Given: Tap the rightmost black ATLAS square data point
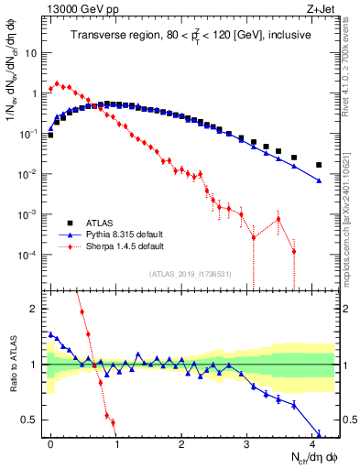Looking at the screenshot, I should click(x=319, y=165).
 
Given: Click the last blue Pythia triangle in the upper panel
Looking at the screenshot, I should click(x=319, y=181).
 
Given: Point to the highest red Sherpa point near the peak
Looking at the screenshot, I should click(x=58, y=84).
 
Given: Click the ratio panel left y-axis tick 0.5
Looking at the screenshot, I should click(x=35, y=420).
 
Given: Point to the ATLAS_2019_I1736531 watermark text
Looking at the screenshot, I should click(x=190, y=273).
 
